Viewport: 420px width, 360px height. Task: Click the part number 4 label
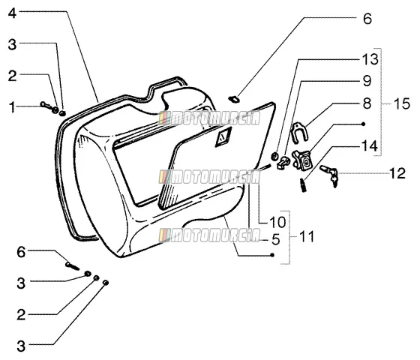[13, 13]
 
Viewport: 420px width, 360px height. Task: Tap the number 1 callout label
[12, 107]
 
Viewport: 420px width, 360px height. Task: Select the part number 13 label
[370, 59]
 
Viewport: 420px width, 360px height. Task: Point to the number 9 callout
[367, 81]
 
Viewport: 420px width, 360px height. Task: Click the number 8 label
[367, 103]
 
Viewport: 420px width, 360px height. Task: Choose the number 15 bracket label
[402, 103]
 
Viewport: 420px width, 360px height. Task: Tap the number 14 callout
[370, 146]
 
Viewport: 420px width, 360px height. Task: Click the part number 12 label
[397, 173]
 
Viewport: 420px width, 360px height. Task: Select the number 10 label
[277, 222]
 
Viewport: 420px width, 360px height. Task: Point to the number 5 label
[276, 239]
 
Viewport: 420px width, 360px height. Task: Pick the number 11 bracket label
[307, 237]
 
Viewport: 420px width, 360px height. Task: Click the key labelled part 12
[329, 175]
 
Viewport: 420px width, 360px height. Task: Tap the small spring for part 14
[303, 184]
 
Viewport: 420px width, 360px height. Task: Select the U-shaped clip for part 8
[299, 132]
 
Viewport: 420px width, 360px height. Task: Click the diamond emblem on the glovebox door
[223, 136]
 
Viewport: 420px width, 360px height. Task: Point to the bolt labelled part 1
[46, 106]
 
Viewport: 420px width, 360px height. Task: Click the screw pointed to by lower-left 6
[72, 266]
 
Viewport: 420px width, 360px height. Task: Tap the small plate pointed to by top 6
[234, 99]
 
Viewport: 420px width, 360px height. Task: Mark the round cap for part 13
[274, 156]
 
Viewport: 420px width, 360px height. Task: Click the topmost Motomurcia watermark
[209, 118]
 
